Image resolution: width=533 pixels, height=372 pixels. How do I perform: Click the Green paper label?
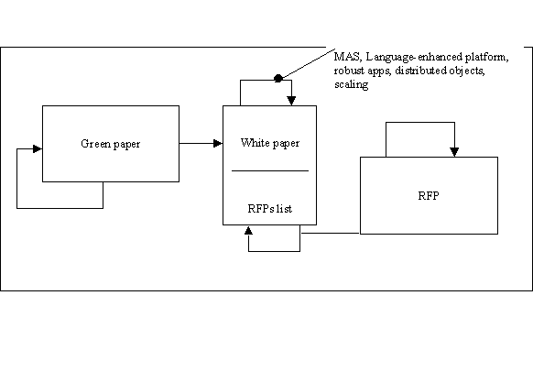coord(111,144)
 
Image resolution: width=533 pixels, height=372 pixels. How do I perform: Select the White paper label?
coord(270,143)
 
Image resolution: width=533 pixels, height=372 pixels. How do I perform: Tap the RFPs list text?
coord(270,208)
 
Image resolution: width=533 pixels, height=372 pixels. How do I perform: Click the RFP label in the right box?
coord(429,195)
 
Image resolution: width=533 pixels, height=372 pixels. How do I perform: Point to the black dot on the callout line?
coord(278,79)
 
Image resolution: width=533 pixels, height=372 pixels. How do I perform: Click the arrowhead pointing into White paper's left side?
coord(218,144)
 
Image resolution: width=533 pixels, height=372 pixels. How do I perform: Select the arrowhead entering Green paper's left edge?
coord(38,149)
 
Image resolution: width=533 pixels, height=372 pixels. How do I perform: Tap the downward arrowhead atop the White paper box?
coord(291,101)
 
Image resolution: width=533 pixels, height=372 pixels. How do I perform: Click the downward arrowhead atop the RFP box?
coord(454,152)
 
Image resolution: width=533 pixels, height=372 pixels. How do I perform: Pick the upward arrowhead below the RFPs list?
coord(248,231)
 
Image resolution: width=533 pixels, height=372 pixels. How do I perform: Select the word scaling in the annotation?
coord(351,84)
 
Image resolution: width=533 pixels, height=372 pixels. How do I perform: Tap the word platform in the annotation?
coord(487,57)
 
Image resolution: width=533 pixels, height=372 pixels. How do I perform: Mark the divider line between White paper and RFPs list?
coord(270,170)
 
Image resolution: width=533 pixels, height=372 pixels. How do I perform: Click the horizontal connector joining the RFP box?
coord(331,234)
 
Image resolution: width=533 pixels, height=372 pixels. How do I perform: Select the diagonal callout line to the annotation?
coord(308,63)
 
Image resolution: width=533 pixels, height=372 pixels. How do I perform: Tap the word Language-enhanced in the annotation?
coord(414,57)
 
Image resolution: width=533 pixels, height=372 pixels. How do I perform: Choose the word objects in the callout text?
coord(467,71)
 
